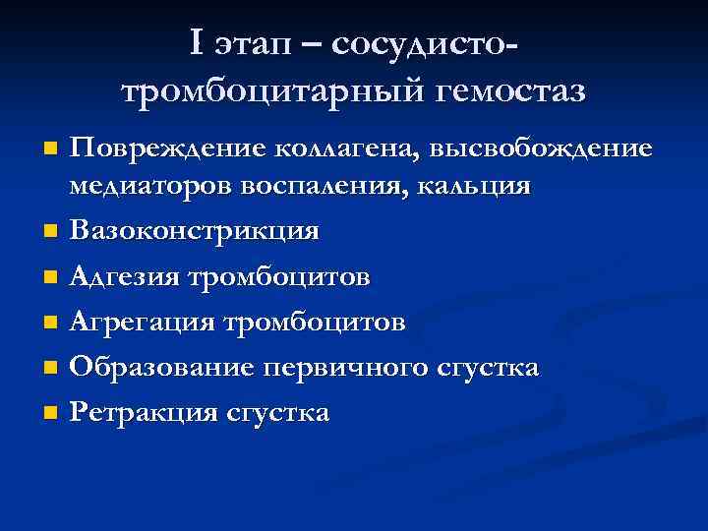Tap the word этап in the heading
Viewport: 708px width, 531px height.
pos(264,45)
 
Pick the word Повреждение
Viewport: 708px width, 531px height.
pos(168,149)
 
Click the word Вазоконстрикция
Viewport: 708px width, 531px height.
pos(195,231)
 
